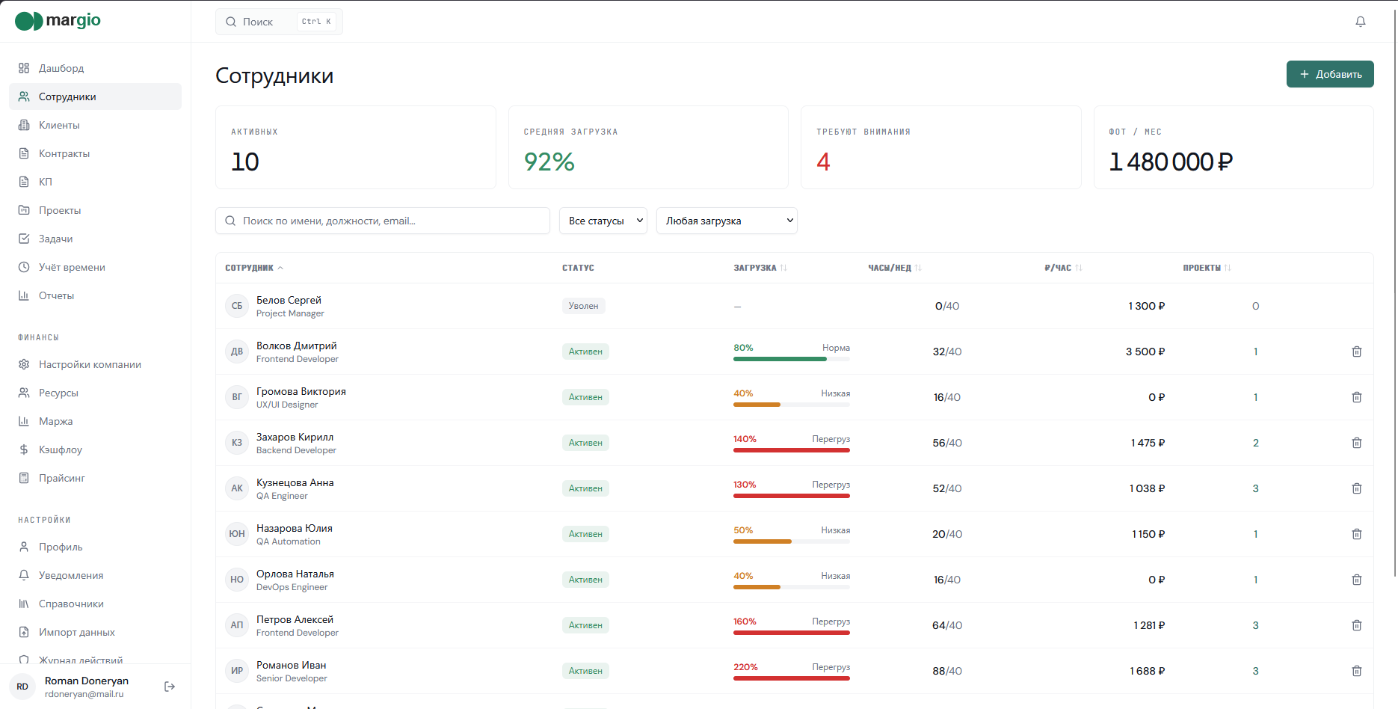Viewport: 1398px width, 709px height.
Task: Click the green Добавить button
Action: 1330,74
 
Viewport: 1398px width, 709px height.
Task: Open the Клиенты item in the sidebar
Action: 59,125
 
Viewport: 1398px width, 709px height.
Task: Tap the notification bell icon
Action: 1361,22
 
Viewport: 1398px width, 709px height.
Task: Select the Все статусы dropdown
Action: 603,221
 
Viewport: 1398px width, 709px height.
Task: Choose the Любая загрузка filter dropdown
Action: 727,221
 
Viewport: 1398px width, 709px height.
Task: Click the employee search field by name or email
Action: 383,221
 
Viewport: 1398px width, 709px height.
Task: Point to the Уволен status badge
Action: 583,306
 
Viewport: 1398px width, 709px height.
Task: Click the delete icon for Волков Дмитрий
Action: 1357,352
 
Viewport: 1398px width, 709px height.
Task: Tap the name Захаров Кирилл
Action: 295,437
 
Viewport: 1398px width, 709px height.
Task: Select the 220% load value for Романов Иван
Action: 745,667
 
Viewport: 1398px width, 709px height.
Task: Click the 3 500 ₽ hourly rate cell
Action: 1145,352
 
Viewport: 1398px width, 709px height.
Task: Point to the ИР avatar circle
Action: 237,671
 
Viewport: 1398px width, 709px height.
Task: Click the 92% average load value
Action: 549,162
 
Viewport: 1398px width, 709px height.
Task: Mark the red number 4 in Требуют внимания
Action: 823,162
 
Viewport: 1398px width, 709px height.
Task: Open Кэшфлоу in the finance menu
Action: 61,449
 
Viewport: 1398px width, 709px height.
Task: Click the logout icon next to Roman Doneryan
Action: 170,687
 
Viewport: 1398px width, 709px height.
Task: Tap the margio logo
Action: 58,20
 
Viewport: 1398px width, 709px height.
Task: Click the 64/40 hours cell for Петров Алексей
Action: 947,625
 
